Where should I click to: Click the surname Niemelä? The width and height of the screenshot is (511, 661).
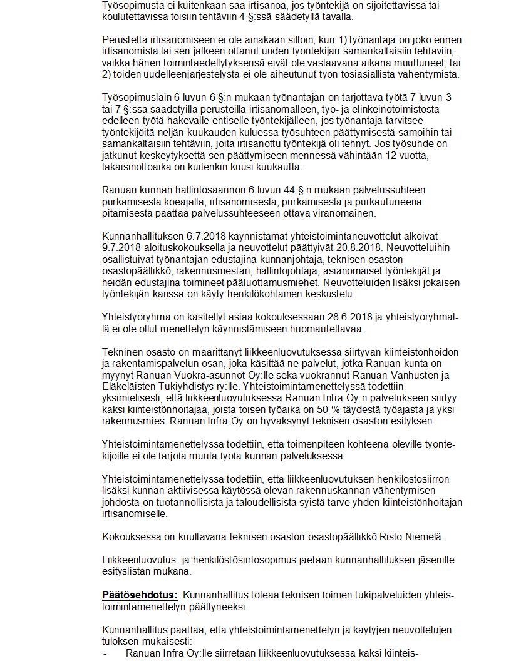(x=425, y=536)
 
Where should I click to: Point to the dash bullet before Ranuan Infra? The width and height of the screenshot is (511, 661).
(x=105, y=653)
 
